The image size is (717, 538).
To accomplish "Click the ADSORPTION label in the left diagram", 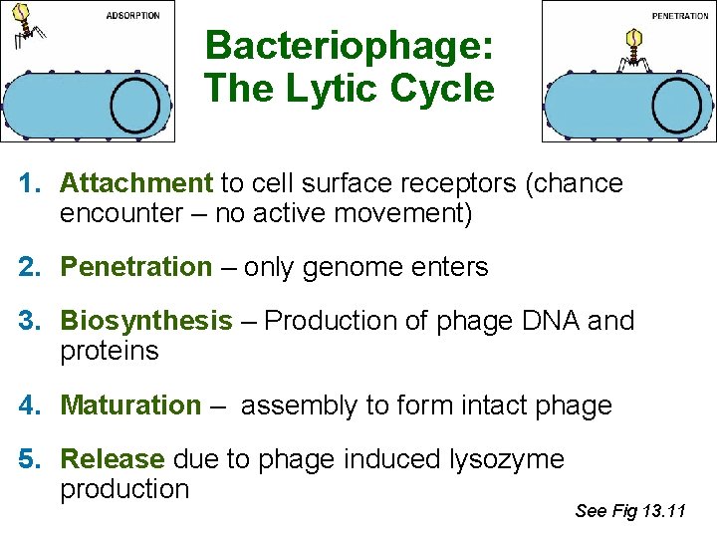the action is (132, 16).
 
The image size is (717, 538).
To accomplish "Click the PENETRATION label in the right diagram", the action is (680, 16).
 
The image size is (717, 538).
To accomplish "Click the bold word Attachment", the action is (136, 183).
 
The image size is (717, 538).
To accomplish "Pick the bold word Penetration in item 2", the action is (136, 267).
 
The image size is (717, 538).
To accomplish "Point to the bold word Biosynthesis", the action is (145, 321).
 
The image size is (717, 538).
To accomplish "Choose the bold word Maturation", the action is (130, 405).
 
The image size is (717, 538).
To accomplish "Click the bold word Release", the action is (113, 459).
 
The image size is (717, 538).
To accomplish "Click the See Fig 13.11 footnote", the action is (630, 511).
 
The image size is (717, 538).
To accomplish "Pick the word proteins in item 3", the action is (109, 351).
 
